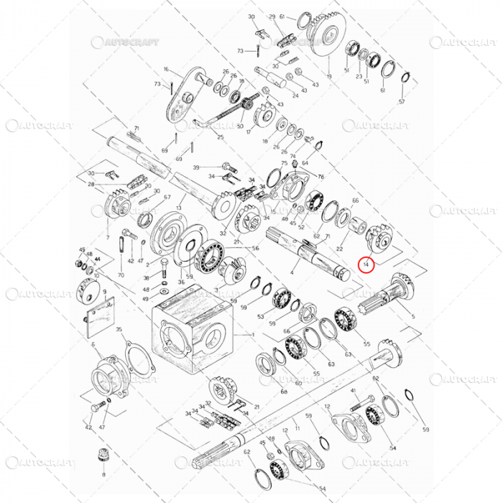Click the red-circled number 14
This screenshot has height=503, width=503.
[x=366, y=264]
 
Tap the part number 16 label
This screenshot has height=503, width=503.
[x=165, y=70]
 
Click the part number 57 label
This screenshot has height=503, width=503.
[x=402, y=101]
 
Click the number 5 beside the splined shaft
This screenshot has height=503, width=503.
[x=412, y=315]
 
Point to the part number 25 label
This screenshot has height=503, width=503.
[x=220, y=137]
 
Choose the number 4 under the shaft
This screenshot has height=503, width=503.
[x=291, y=273]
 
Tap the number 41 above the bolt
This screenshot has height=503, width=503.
[x=354, y=391]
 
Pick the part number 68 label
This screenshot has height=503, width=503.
[x=284, y=392]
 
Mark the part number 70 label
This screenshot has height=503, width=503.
[x=121, y=275]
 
